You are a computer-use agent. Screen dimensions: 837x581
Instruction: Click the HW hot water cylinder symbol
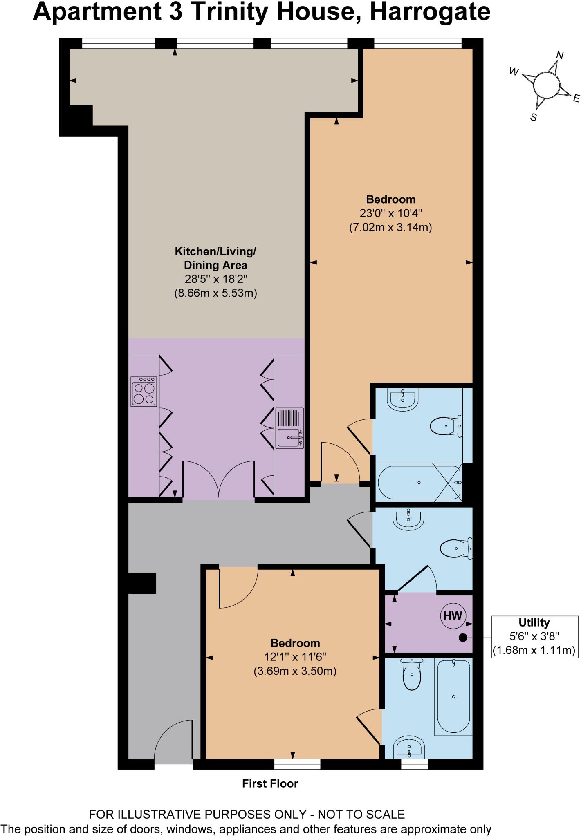pos(452,615)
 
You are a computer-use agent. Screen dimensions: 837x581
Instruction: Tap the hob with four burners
pos(144,392)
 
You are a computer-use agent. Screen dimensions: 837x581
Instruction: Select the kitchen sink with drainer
pos(290,428)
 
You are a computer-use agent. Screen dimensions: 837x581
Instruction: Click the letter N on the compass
pos(560,56)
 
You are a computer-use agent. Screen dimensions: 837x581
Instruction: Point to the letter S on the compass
pos(533,117)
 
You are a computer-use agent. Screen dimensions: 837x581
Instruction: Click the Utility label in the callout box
pos(534,622)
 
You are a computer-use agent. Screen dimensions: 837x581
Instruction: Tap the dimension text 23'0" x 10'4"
pos(390,213)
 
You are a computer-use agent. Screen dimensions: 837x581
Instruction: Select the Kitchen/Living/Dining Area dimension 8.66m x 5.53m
pos(215,293)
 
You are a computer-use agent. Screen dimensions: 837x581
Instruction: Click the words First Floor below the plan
pos(270,783)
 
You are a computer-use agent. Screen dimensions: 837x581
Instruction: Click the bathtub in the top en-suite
pos(419,483)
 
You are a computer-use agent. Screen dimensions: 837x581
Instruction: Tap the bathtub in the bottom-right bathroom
pos(453,696)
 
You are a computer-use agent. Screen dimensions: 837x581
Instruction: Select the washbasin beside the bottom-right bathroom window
pos(409,749)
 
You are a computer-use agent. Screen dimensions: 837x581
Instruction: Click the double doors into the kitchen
pos(219,478)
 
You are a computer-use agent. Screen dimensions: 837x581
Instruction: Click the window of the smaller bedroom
pos(297,763)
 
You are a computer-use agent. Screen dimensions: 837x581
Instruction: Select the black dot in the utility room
pos(462,637)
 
